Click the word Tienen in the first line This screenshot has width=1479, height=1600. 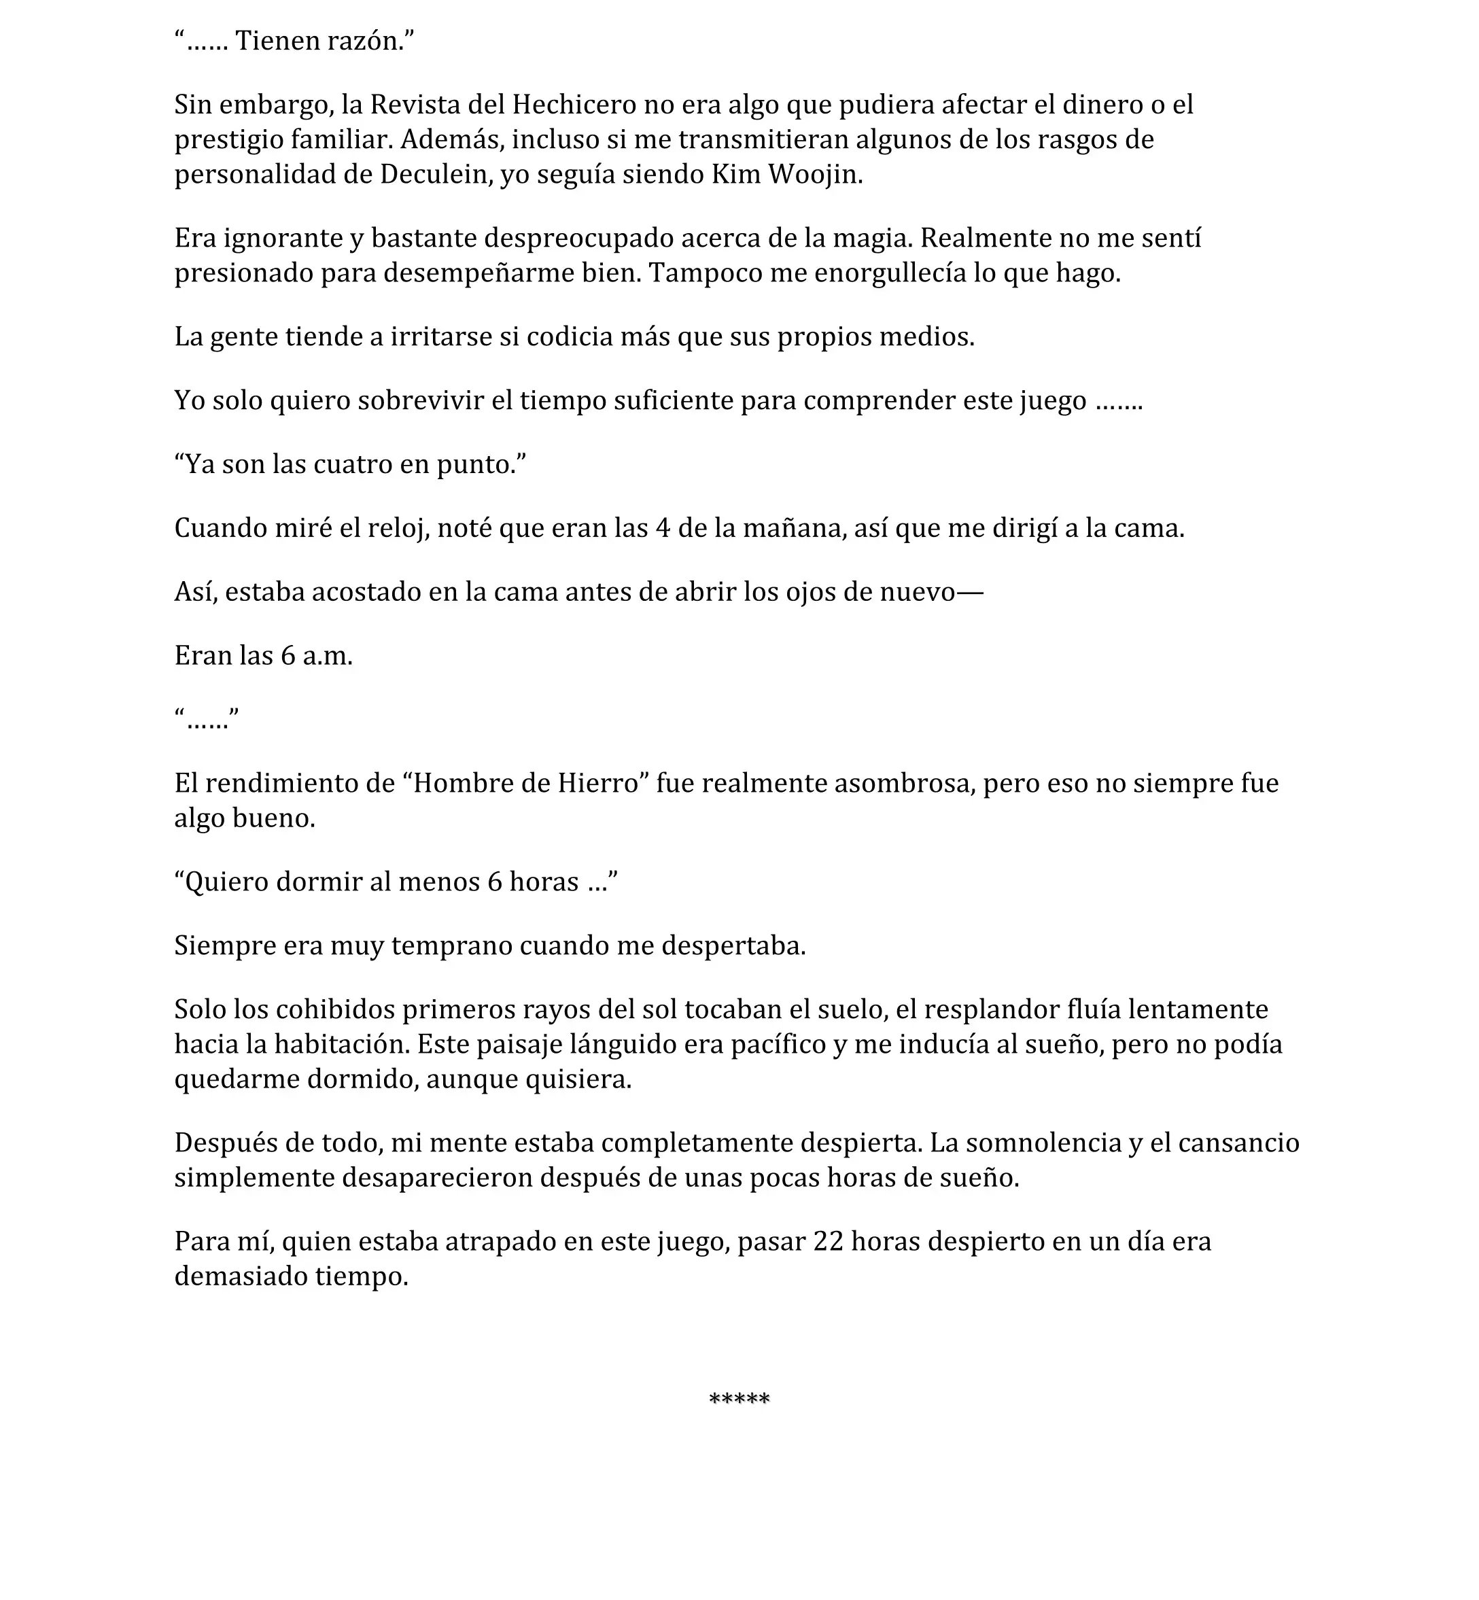click(274, 41)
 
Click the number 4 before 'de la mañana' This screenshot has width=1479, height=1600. click(662, 528)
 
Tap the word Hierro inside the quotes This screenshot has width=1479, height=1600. click(599, 783)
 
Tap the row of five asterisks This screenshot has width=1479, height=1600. click(739, 1398)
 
